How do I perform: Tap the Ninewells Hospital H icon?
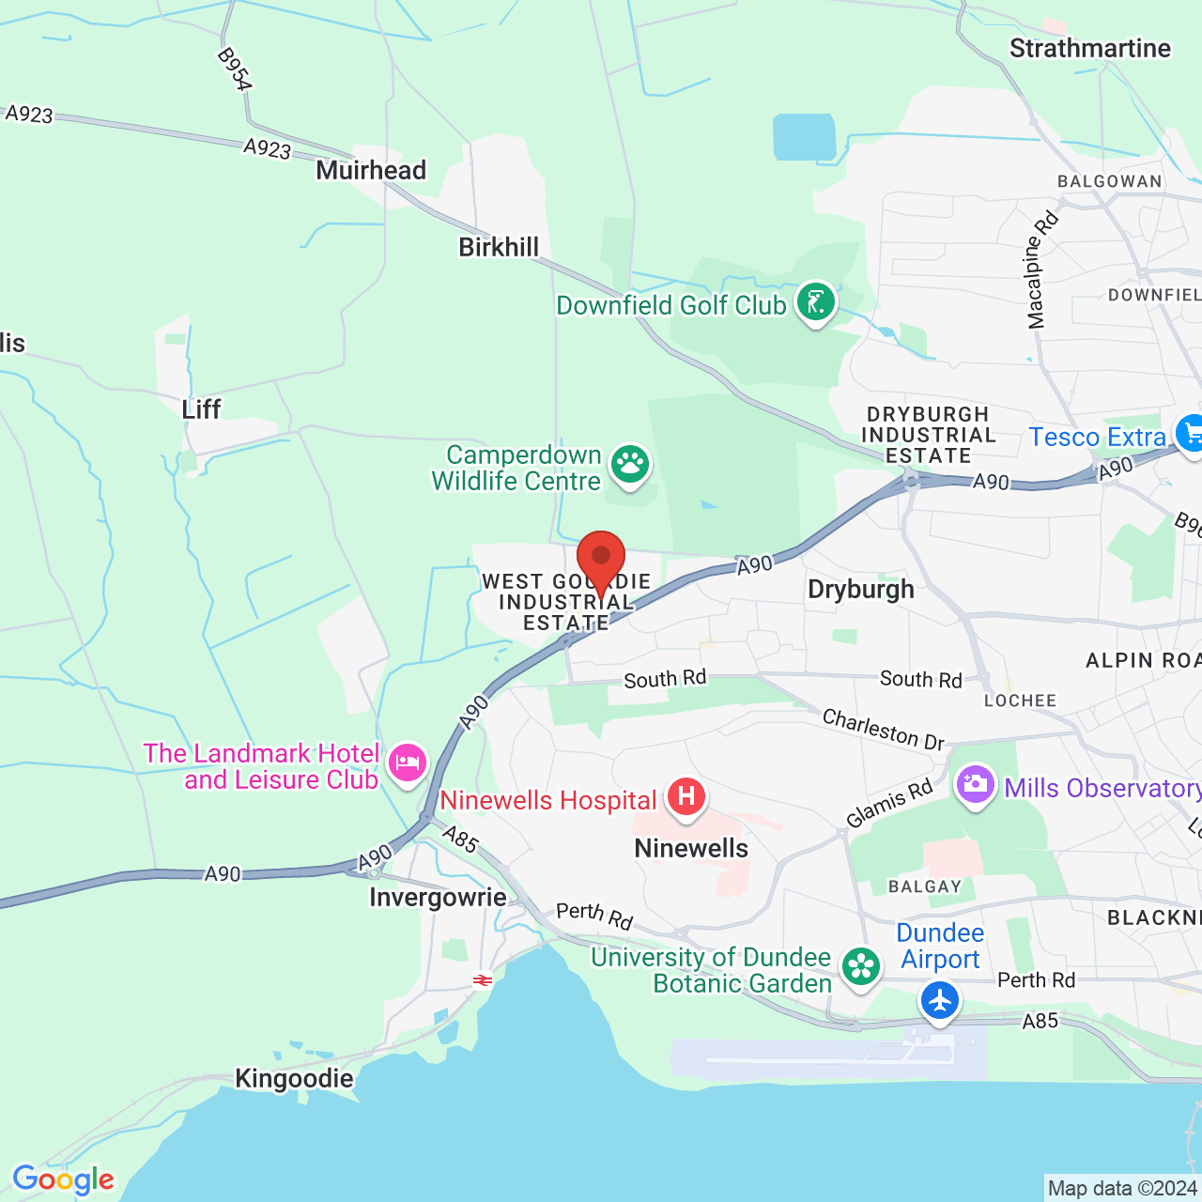click(x=686, y=797)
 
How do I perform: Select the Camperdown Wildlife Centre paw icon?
click(x=630, y=463)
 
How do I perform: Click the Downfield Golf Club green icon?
click(x=815, y=301)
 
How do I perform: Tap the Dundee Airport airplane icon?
click(x=939, y=1000)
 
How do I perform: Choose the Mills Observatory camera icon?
click(x=975, y=784)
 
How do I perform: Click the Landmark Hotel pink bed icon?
click(x=407, y=762)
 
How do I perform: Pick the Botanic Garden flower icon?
click(x=860, y=966)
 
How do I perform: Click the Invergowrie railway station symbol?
click(x=483, y=980)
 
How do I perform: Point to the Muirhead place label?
click(x=371, y=170)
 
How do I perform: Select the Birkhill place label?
click(x=499, y=247)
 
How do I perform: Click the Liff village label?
click(x=201, y=409)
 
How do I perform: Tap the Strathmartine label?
click(x=1089, y=49)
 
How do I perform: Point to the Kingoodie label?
click(x=294, y=1078)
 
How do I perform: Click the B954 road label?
click(x=234, y=69)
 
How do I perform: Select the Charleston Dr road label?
click(x=883, y=730)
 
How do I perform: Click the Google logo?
click(x=63, y=1179)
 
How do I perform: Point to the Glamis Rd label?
click(x=889, y=804)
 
